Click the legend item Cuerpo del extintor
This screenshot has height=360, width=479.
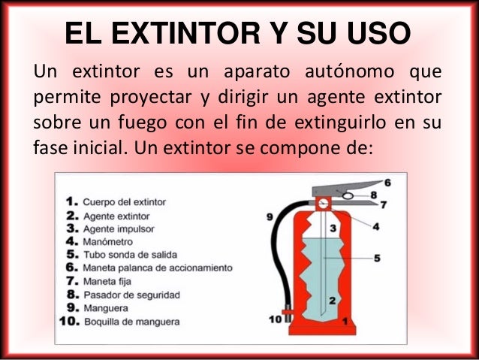(x=124, y=202)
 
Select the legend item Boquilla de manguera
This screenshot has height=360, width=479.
(x=131, y=322)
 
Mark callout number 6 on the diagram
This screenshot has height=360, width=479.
(x=387, y=183)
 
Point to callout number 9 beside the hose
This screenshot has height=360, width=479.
(x=269, y=218)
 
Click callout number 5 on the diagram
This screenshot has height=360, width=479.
(x=377, y=258)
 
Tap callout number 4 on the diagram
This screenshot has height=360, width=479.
(x=375, y=226)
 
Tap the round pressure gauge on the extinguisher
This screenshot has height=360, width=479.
(x=324, y=203)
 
